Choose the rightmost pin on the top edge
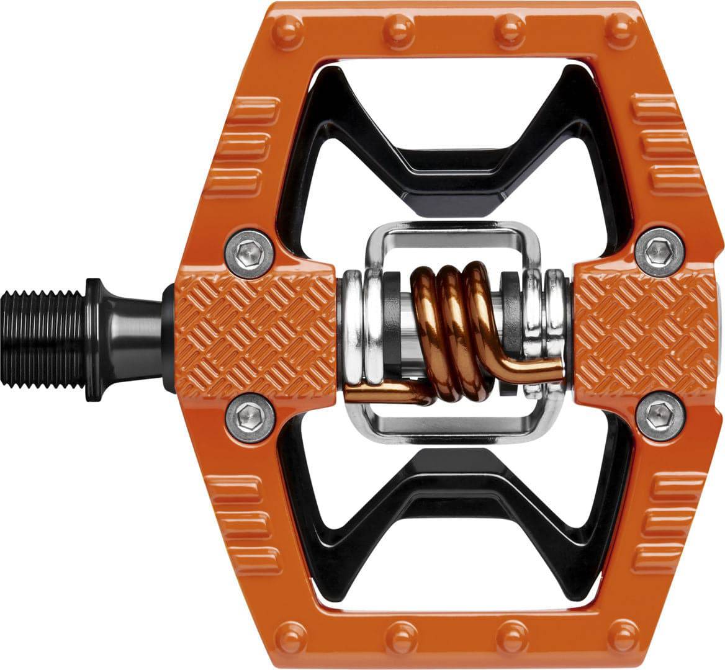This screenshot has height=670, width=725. click(x=623, y=26)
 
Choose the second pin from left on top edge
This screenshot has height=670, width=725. click(x=397, y=27)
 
